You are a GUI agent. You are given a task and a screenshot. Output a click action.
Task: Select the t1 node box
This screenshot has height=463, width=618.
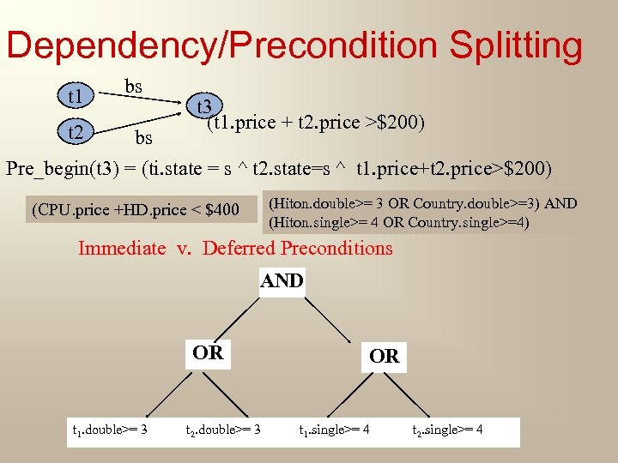[76, 93]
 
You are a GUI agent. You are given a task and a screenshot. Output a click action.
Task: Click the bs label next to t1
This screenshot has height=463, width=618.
[133, 87]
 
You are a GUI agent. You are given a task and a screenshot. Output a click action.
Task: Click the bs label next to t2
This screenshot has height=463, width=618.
[143, 137]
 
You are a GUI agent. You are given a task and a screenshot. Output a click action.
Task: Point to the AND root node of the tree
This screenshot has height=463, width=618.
[282, 280]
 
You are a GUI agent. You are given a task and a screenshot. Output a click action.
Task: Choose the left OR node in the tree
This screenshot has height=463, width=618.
[208, 352]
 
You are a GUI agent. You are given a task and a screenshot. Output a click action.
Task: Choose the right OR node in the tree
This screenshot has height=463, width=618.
[384, 356]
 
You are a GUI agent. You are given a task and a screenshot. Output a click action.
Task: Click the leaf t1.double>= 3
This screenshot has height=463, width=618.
[109, 430]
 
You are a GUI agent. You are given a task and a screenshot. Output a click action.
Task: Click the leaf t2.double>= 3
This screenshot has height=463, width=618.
[223, 430]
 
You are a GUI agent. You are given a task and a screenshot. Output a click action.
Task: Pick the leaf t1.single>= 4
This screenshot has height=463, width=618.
[334, 430]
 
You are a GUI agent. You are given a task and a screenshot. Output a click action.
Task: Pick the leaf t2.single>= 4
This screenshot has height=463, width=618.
[447, 430]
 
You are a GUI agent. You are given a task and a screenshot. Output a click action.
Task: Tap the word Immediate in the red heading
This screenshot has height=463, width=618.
[122, 249]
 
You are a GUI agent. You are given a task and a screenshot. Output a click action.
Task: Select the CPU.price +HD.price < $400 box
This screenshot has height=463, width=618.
[135, 209]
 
